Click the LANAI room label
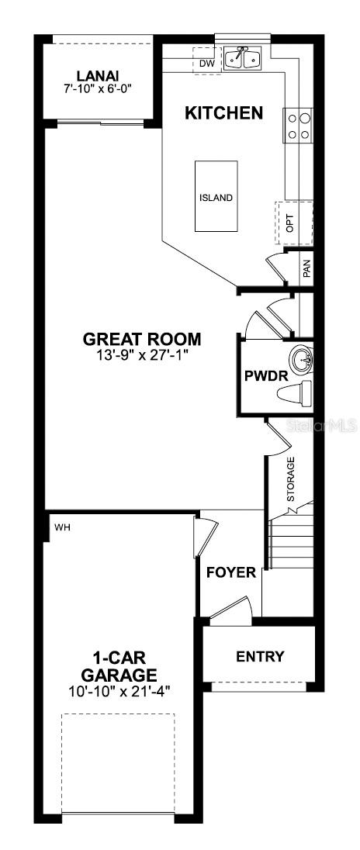coord(98,75)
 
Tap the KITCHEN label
coord(223,113)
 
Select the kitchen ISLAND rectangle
coord(216,197)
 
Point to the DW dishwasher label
coord(206,63)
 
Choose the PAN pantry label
coord(306,268)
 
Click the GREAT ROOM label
coord(142,340)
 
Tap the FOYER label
coord(230,573)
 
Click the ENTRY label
coord(260,657)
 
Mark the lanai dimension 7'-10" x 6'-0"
coord(98,88)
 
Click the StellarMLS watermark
coord(323,426)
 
